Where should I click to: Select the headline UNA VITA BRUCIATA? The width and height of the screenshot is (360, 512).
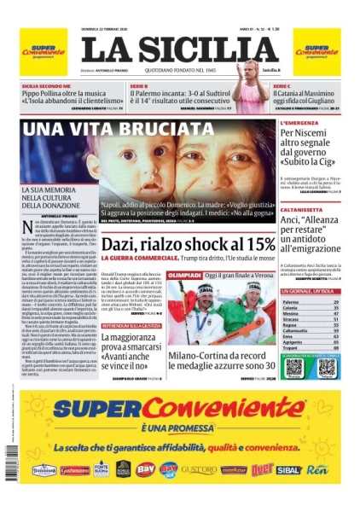click(106, 130)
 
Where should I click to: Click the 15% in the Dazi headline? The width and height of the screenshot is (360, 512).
click(254, 220)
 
